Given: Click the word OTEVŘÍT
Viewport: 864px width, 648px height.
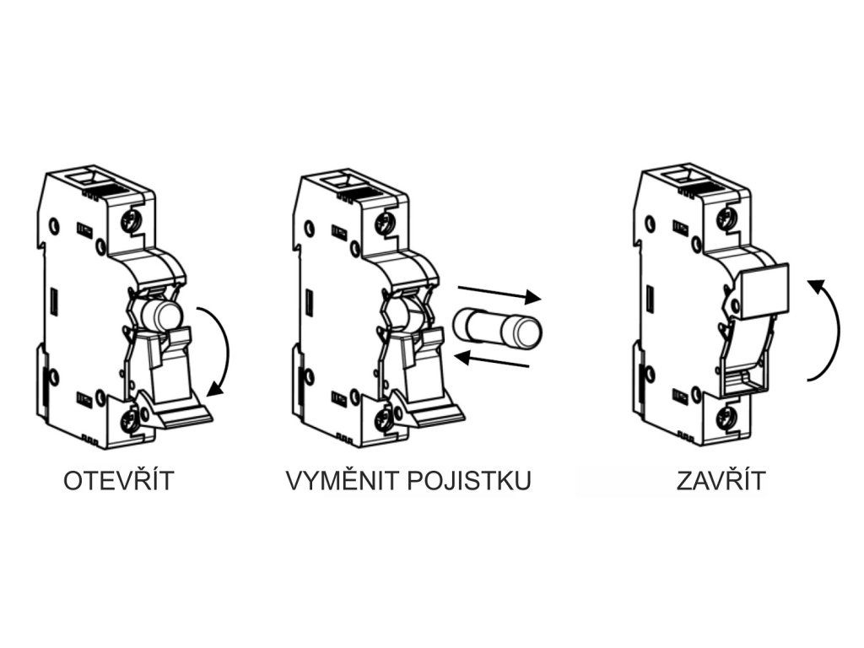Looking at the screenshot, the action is (119, 481).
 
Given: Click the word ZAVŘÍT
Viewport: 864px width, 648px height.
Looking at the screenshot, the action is (721, 481).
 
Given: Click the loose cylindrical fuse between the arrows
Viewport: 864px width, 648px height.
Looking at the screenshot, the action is (496, 327).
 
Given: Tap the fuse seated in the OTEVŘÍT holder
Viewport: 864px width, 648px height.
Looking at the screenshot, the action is (161, 316).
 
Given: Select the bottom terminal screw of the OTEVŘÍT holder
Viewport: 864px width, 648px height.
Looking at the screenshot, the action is (131, 419).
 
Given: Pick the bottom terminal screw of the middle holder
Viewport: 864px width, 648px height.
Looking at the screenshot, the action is (384, 419).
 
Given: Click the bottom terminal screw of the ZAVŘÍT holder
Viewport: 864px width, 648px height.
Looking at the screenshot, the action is (723, 418).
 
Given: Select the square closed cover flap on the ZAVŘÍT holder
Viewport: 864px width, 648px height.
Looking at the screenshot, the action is (764, 291).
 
